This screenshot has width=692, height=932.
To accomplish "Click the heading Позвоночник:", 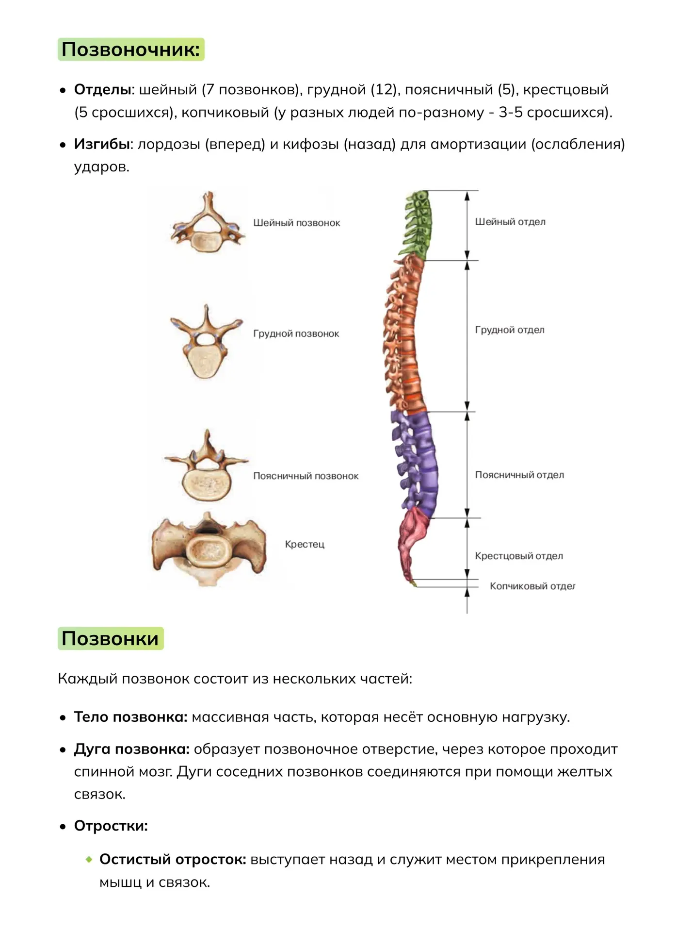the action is pyautogui.click(x=131, y=50).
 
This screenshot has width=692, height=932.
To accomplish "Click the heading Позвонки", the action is pyautogui.click(x=110, y=638).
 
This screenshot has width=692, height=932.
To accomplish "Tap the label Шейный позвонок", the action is pyautogui.click(x=297, y=223).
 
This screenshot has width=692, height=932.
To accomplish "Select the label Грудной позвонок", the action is pyautogui.click(x=296, y=333).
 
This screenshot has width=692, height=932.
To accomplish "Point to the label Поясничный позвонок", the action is pyautogui.click(x=306, y=476).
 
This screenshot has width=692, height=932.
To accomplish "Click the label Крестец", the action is pyautogui.click(x=305, y=544).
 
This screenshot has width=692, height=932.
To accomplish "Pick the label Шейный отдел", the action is pyautogui.click(x=510, y=222).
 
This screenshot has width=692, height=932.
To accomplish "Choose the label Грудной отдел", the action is pyautogui.click(x=510, y=330).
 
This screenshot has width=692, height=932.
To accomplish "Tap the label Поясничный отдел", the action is pyautogui.click(x=519, y=475).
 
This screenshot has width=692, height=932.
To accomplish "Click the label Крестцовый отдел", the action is pyautogui.click(x=519, y=556).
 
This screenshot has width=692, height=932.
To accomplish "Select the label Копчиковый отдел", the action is pyautogui.click(x=532, y=586).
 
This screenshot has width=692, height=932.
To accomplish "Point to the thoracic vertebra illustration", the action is pyautogui.click(x=206, y=341).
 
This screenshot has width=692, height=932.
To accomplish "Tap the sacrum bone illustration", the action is pyautogui.click(x=209, y=549).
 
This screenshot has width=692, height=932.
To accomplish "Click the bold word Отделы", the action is pyautogui.click(x=103, y=90).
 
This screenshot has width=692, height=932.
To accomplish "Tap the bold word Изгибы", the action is pyautogui.click(x=102, y=144).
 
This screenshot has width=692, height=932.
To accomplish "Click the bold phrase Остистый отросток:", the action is pyautogui.click(x=173, y=859).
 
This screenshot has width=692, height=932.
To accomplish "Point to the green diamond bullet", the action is pyautogui.click(x=89, y=859).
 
